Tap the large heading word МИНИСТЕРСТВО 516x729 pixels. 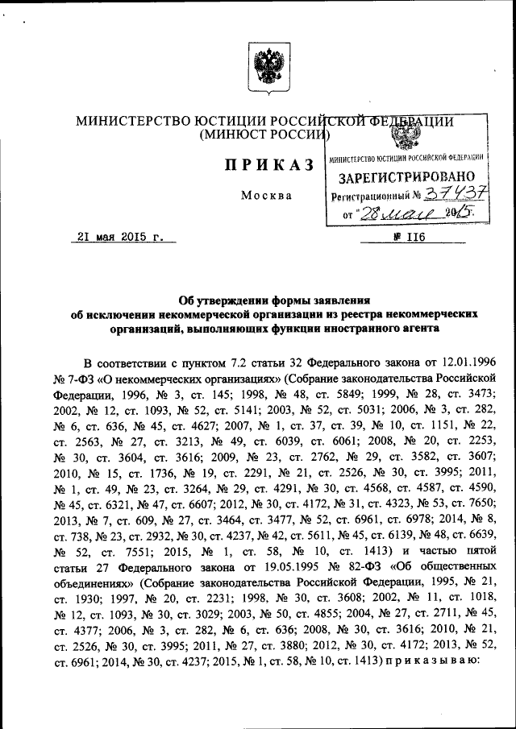click(x=134, y=121)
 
